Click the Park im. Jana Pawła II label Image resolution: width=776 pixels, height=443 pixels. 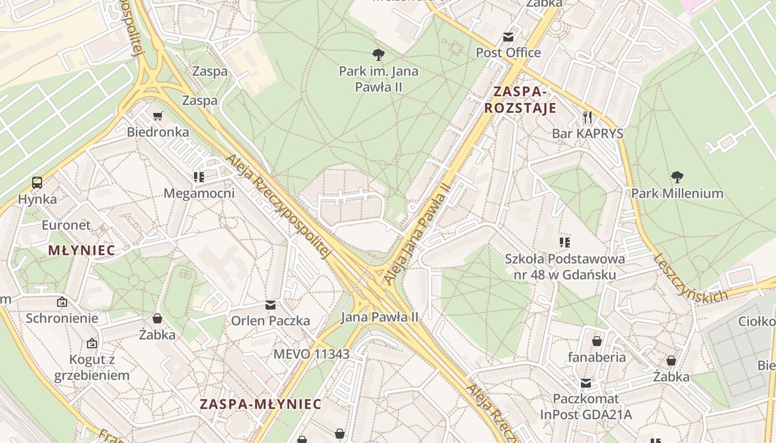click(379, 79)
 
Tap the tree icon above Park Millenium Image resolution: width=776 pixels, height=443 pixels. click(677, 177)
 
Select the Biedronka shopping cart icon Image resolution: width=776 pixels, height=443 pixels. click(158, 116)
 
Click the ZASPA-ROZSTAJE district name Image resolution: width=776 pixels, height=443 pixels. click(520, 100)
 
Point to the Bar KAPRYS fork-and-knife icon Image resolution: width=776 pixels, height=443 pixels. click(588, 117)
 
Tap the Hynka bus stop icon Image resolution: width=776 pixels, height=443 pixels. click(37, 183)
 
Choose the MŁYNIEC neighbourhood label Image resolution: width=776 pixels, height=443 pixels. click(81, 250)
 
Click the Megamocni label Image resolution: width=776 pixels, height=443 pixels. click(199, 193)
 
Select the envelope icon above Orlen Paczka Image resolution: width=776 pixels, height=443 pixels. click(270, 305)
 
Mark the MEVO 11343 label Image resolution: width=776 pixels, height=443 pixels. click(312, 354)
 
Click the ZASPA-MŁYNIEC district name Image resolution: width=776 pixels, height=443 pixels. click(261, 404)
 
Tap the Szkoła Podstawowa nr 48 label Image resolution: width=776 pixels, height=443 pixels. click(565, 266)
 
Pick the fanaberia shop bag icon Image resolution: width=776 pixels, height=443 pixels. click(597, 341)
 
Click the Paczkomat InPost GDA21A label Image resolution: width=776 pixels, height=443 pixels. click(586, 406)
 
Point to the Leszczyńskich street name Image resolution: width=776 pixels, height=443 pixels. click(690, 279)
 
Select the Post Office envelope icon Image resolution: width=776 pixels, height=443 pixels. click(508, 37)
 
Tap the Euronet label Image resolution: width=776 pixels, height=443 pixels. click(66, 225)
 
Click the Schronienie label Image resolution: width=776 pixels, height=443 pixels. click(62, 318)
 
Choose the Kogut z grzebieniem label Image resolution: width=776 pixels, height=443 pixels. click(92, 367)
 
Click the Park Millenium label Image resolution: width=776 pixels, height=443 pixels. click(677, 193)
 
